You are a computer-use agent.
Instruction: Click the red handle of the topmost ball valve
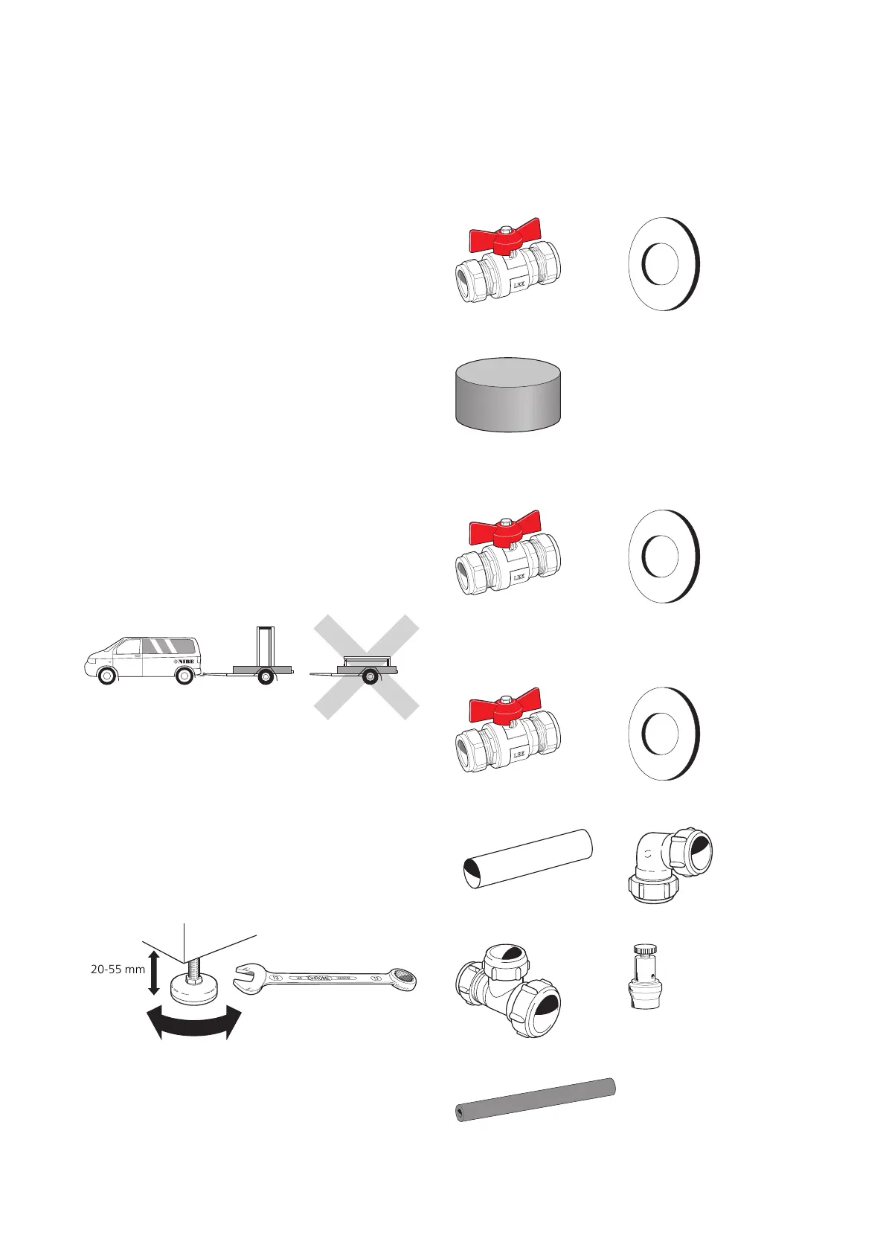[x=504, y=237]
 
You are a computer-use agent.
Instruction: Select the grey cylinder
[x=507, y=394]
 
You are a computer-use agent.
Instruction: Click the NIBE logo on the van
[x=182, y=660]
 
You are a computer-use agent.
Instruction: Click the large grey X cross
[x=366, y=667]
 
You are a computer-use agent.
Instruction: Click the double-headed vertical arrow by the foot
[x=153, y=971]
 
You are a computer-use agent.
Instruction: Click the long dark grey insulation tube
[x=535, y=1100]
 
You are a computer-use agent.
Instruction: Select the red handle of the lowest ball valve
[x=504, y=708]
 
